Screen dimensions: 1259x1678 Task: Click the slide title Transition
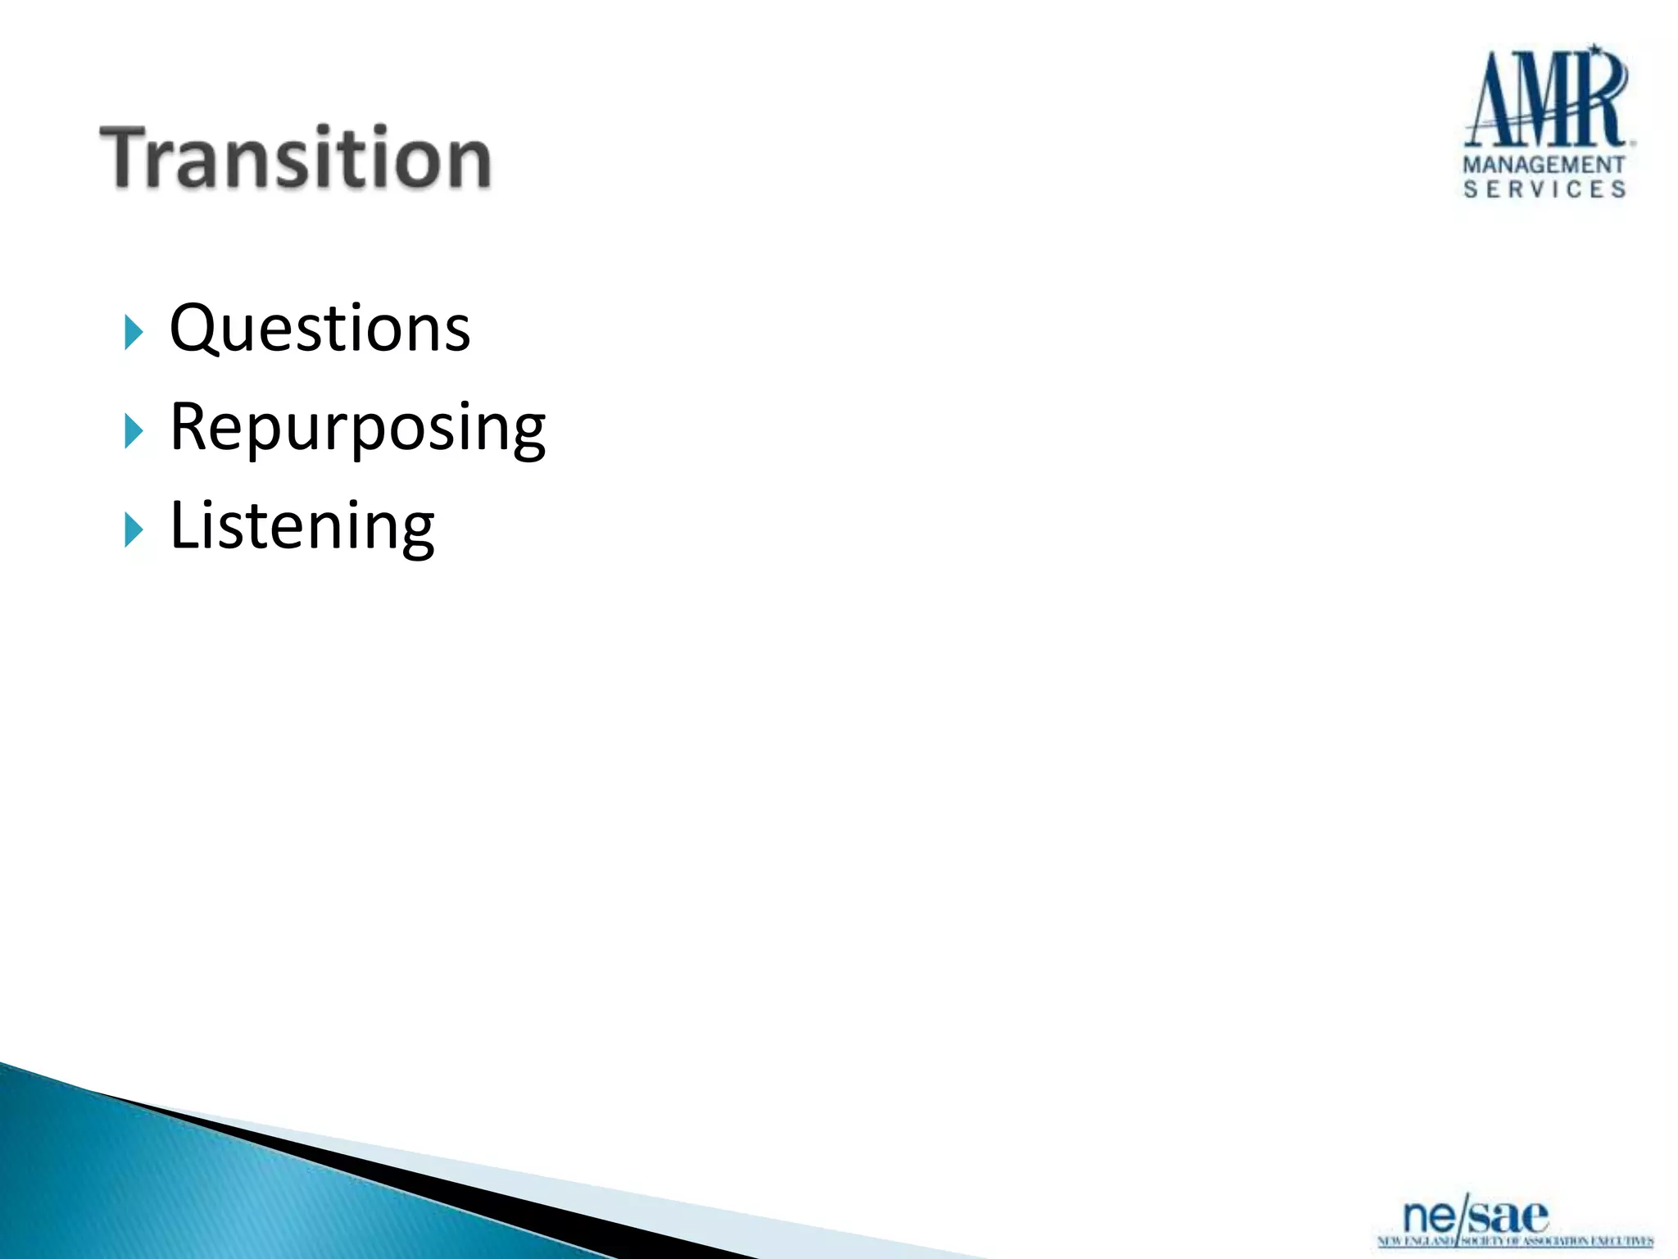click(x=295, y=157)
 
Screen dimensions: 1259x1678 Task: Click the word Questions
click(x=320, y=328)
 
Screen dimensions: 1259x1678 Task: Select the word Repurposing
click(x=357, y=428)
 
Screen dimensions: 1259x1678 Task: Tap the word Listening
click(x=302, y=526)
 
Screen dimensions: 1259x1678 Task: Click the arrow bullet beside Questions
click(x=134, y=332)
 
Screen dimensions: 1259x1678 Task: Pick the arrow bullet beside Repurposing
click(x=134, y=431)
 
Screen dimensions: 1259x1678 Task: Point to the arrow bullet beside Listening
click(x=134, y=530)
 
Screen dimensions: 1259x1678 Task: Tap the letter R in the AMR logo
click(x=1602, y=98)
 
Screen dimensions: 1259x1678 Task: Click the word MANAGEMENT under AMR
click(x=1544, y=165)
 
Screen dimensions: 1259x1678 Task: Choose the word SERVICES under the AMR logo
click(x=1544, y=189)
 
